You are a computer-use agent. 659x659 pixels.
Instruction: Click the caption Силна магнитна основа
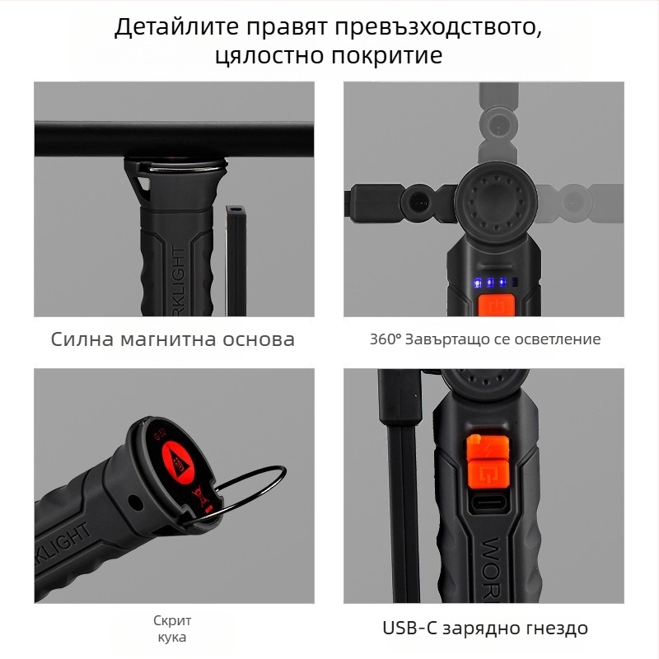(172, 339)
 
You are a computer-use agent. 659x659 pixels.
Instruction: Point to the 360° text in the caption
(385, 339)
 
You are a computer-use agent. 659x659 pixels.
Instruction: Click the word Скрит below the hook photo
(172, 621)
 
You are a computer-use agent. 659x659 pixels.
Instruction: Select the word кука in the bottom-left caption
(172, 637)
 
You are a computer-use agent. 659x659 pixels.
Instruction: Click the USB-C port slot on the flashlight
(486, 503)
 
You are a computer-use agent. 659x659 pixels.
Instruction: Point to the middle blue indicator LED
(489, 283)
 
